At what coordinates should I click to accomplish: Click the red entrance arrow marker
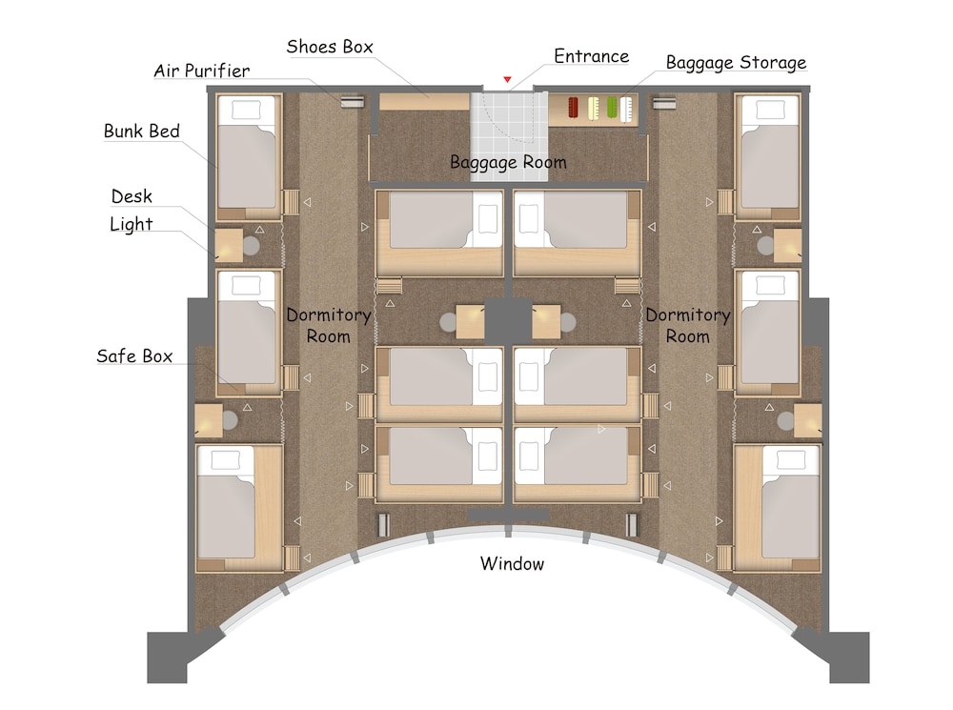pyautogui.click(x=507, y=80)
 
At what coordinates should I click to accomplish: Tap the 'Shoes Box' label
pyautogui.click(x=330, y=47)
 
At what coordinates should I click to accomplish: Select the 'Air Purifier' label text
pyautogui.click(x=202, y=71)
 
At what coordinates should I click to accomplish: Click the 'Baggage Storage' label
pyautogui.click(x=736, y=63)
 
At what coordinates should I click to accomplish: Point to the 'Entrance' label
pyautogui.click(x=592, y=56)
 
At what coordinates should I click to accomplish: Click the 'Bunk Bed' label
pyautogui.click(x=142, y=131)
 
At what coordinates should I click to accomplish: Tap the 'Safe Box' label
pyautogui.click(x=134, y=355)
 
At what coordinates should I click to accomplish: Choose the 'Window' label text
pyautogui.click(x=512, y=563)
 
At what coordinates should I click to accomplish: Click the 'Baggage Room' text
pyautogui.click(x=508, y=162)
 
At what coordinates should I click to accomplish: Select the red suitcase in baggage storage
pyautogui.click(x=573, y=108)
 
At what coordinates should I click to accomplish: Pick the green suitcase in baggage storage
pyautogui.click(x=612, y=108)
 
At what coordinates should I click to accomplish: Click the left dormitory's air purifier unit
pyautogui.click(x=352, y=102)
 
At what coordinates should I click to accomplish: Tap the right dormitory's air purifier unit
pyautogui.click(x=663, y=102)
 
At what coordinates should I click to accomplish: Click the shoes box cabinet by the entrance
pyautogui.click(x=424, y=102)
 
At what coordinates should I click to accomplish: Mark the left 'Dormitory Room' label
pyautogui.click(x=328, y=325)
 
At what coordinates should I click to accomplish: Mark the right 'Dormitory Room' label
pyautogui.click(x=687, y=325)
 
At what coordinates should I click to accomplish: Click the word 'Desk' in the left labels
pyautogui.click(x=132, y=196)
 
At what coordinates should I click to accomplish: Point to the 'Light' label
pyautogui.click(x=131, y=224)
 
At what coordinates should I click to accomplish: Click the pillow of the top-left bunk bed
pyautogui.click(x=246, y=110)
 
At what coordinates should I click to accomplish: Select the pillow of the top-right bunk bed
pyautogui.click(x=769, y=110)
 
